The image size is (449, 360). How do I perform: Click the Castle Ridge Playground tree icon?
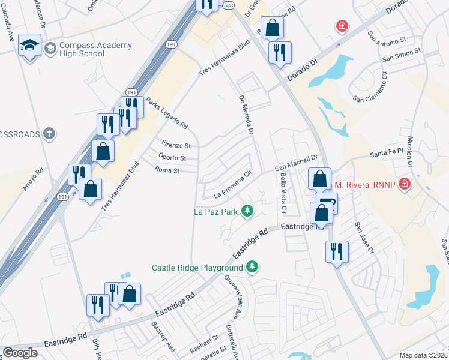tap(253, 266)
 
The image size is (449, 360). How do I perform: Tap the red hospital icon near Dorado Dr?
tap(342, 26)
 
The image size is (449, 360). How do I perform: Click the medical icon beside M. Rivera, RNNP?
tap(405, 184)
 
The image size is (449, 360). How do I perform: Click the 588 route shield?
tap(229, 4)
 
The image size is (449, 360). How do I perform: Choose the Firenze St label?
tap(176, 145)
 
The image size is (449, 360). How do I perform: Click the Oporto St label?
tap(172, 158)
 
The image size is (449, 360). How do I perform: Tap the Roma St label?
tap(167, 170)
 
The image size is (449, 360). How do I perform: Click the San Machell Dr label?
tap(295, 164)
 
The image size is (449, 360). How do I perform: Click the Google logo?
tap(20, 353)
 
